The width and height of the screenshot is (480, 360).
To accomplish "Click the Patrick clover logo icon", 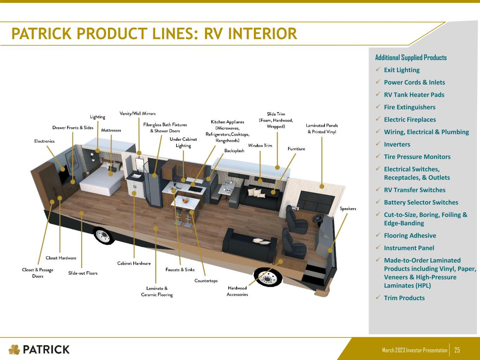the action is pyautogui.click(x=14, y=349).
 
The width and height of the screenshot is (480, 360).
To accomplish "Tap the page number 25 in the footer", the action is pyautogui.click(x=457, y=350).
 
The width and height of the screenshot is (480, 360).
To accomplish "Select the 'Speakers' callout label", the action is pyautogui.click(x=348, y=208).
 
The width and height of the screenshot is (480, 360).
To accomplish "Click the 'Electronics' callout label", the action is pyautogui.click(x=44, y=141).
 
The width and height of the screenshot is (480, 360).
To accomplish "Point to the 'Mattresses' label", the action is pyautogui.click(x=111, y=130).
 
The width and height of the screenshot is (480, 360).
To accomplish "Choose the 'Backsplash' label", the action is pyautogui.click(x=234, y=150).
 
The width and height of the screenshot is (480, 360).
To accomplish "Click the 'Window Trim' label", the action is pyautogui.click(x=260, y=145).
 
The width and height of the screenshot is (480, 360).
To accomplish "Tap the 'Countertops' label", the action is pyautogui.click(x=206, y=281).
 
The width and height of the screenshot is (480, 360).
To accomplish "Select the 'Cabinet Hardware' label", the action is pyautogui.click(x=134, y=263).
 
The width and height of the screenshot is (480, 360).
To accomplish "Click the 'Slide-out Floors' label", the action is pyautogui.click(x=83, y=273).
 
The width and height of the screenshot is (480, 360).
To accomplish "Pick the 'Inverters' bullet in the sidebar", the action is pyautogui.click(x=397, y=144).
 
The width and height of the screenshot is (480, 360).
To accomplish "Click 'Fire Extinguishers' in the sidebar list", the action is pyautogui.click(x=410, y=107).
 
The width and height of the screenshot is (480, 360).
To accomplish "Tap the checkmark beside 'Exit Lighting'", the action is pyautogui.click(x=378, y=69).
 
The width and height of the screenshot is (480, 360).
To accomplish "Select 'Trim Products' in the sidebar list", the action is pyautogui.click(x=404, y=298).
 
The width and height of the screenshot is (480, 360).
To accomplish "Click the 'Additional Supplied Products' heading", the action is pyautogui.click(x=411, y=58).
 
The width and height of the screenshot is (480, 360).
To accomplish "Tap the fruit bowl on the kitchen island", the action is pyautogui.click(x=185, y=200).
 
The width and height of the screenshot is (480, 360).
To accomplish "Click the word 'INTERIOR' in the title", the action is pyautogui.click(x=251, y=34).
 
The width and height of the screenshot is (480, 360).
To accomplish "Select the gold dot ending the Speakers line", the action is pyautogui.click(x=330, y=250).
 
